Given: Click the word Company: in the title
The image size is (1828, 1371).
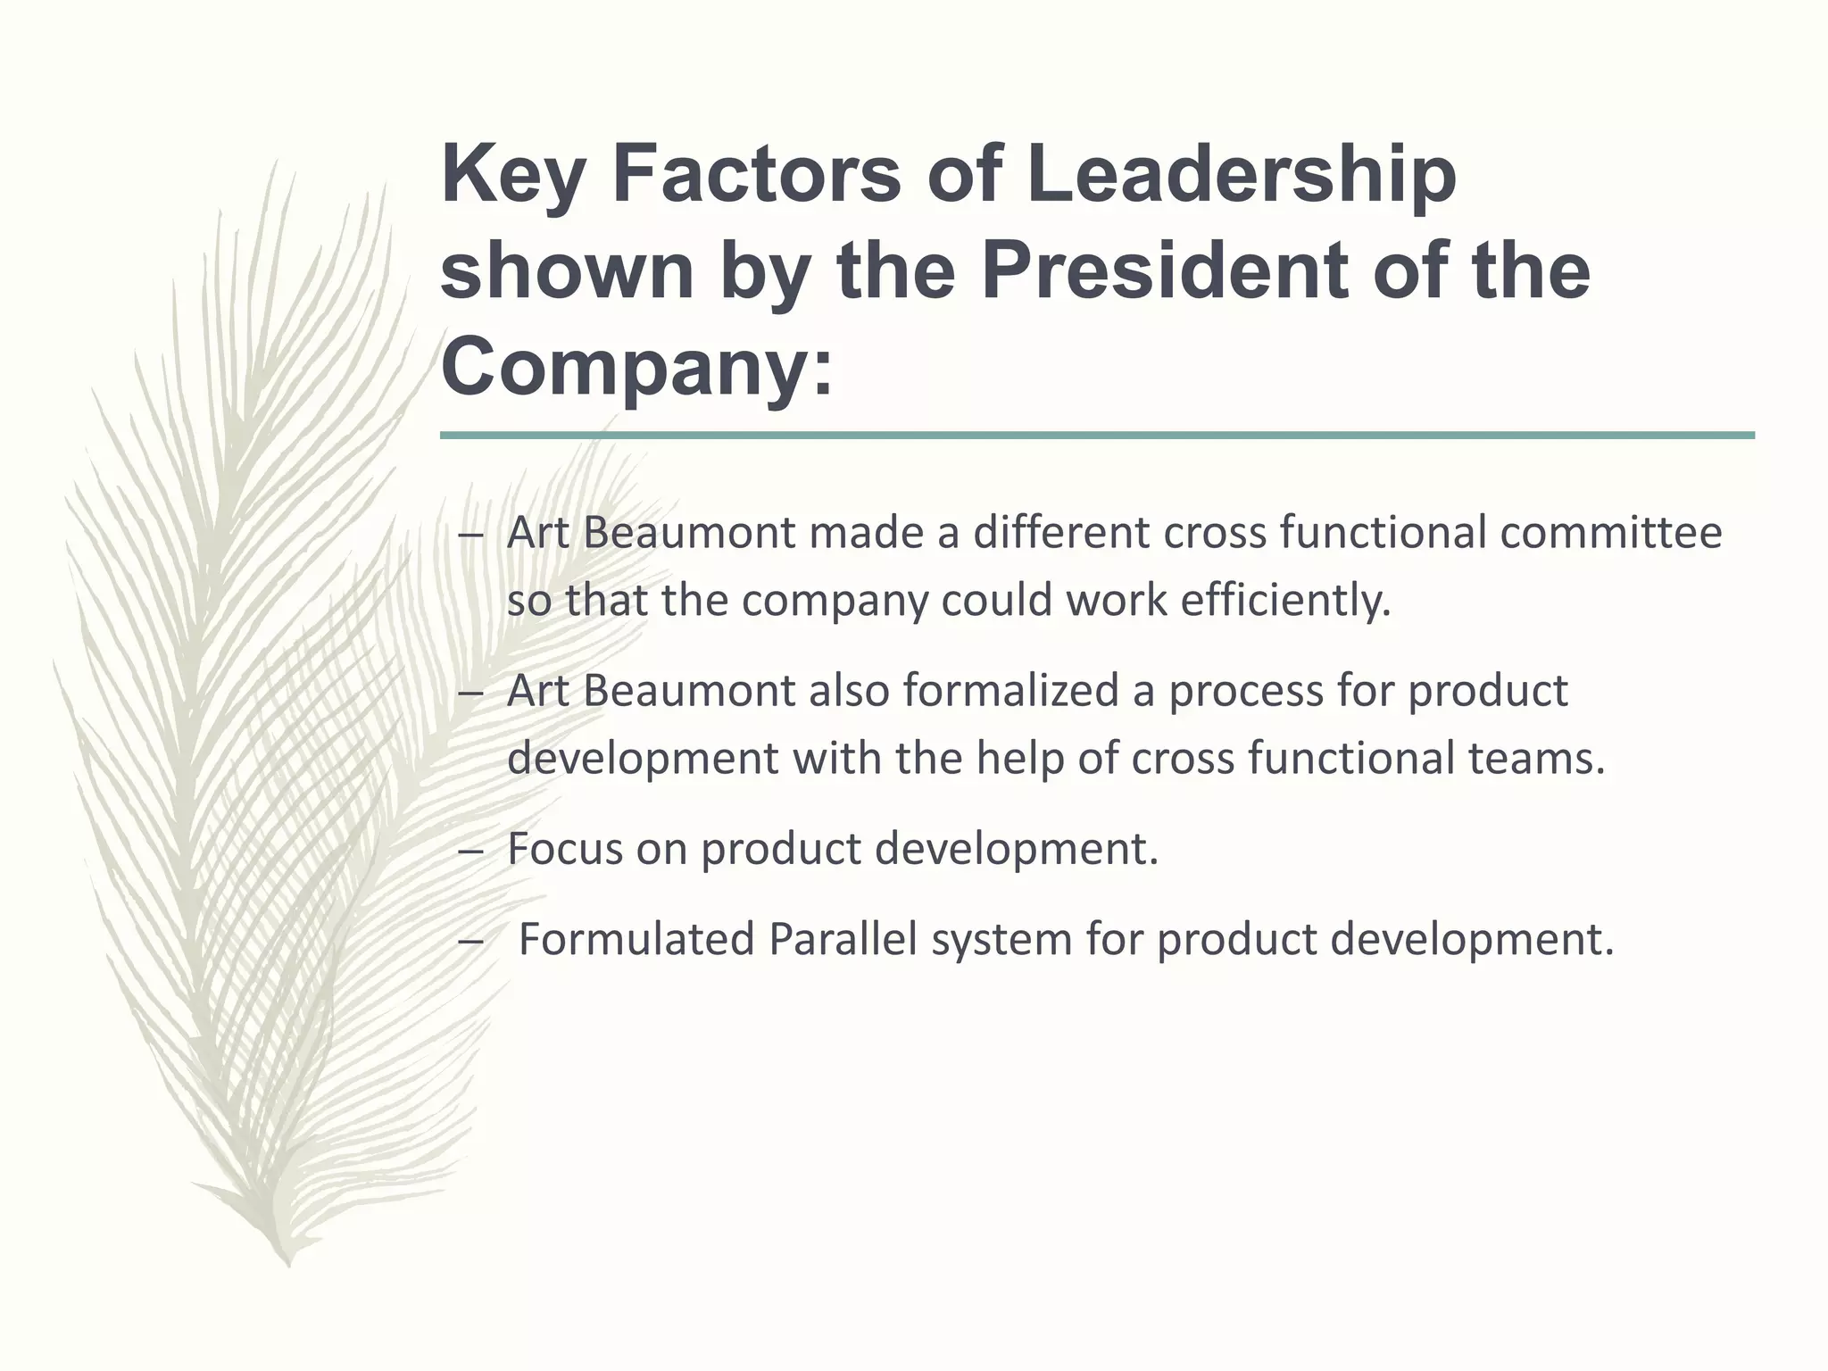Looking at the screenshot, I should click(636, 368).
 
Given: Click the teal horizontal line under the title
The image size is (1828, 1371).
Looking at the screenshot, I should click(1096, 436).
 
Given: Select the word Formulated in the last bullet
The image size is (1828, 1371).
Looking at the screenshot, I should click(636, 939).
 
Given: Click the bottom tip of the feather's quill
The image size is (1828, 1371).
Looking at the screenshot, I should click(288, 1264).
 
